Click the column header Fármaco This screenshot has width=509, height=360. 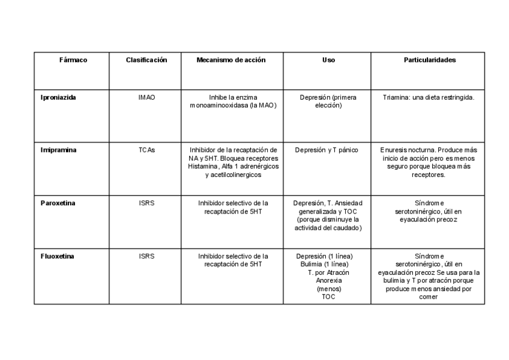(x=73, y=60)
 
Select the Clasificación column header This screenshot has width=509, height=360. (x=146, y=60)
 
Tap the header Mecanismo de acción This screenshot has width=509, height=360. (x=231, y=60)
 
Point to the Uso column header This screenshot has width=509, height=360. (x=328, y=60)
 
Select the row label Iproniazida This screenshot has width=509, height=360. (x=58, y=97)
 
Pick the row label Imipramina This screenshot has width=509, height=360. (x=58, y=150)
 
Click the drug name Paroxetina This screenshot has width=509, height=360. (x=58, y=203)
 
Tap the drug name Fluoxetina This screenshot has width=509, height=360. (x=58, y=256)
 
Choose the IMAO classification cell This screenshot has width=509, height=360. (x=146, y=97)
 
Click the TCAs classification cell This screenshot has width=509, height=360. (x=146, y=150)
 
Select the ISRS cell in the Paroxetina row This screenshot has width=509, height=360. (x=146, y=203)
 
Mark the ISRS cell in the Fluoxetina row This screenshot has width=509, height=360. (x=146, y=256)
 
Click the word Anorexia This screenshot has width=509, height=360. (x=328, y=280)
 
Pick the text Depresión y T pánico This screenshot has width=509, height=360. (x=327, y=150)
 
